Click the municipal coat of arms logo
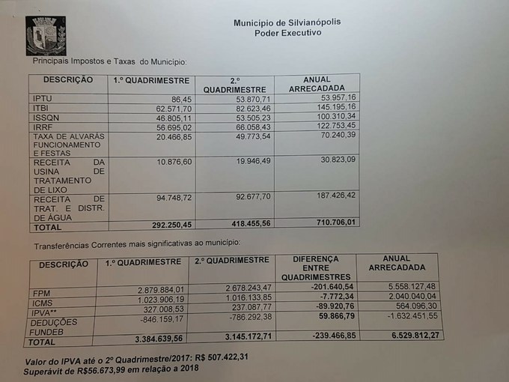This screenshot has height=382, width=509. click(45, 35)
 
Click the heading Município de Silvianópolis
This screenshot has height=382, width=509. click(287, 22)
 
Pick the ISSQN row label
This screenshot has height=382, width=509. click(46, 118)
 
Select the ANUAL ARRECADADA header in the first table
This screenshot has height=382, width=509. click(317, 83)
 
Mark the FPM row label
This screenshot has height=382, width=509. click(41, 292)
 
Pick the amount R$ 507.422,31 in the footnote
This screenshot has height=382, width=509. click(213, 357)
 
